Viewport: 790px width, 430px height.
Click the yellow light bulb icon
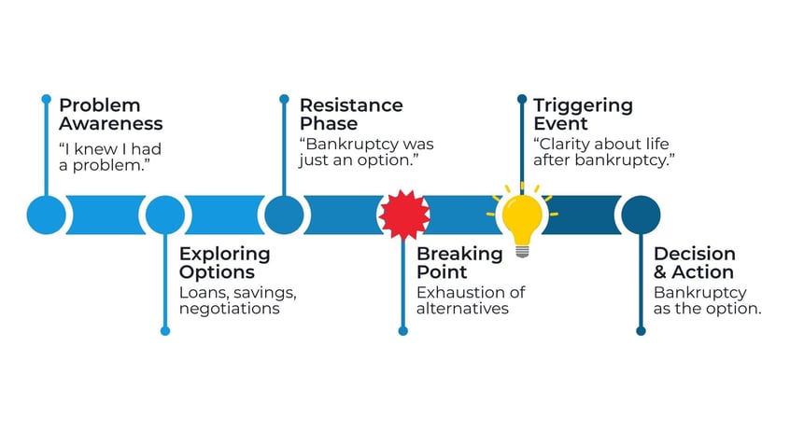pos(521,218)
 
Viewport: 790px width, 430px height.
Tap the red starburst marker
pos(403,215)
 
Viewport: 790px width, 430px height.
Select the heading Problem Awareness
pos(110,114)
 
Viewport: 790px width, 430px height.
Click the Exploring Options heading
pos(224,263)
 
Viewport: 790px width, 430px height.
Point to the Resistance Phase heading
pos(350,114)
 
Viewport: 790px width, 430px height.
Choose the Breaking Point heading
pos(459,263)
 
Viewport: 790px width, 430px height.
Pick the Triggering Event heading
pos(583,114)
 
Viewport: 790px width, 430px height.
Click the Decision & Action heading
pos(694,263)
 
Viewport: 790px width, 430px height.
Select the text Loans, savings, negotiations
pos(237,300)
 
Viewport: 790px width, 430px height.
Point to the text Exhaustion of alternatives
pos(470,300)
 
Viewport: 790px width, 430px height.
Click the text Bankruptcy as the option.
pos(707,300)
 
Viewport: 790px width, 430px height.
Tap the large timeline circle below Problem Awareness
pos(47,215)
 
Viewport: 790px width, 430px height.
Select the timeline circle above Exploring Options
pos(165,215)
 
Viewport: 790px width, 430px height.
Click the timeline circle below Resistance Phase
pos(284,215)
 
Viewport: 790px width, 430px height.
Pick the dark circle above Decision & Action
pos(641,215)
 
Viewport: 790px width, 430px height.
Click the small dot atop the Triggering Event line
pos(521,98)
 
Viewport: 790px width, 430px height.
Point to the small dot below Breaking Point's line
pos(403,330)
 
